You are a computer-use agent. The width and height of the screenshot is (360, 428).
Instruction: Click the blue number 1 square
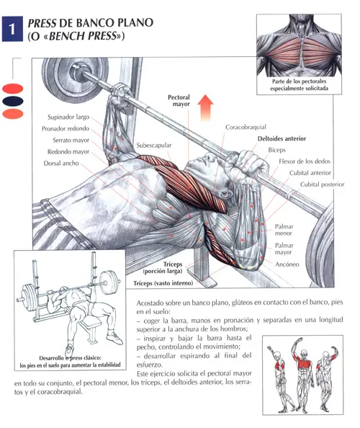click(12, 29)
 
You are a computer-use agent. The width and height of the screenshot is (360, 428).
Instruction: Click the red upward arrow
click(205, 107)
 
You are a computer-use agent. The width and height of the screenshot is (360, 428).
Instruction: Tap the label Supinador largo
click(68, 117)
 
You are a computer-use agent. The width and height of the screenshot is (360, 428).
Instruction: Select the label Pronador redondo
click(66, 128)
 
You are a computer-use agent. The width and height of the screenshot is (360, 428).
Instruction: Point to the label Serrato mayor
click(71, 140)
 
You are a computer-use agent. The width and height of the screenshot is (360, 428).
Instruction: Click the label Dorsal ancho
click(61, 164)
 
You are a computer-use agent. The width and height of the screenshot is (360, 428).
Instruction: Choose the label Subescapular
click(154, 146)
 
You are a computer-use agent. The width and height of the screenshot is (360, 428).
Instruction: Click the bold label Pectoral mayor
click(179, 100)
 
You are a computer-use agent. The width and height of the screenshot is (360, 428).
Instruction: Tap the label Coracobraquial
click(246, 127)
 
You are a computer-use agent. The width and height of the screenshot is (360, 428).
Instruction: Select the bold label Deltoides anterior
click(282, 138)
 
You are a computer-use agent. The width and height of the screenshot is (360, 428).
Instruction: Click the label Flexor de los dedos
click(305, 161)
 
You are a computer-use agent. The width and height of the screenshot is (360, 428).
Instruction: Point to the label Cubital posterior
click(322, 184)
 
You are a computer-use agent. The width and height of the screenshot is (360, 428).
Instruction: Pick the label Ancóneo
click(287, 264)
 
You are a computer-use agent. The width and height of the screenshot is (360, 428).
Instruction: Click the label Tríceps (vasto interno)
click(163, 283)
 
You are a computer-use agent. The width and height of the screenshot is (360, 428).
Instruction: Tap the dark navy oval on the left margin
click(13, 102)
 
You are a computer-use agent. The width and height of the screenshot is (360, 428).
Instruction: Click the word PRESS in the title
click(42, 23)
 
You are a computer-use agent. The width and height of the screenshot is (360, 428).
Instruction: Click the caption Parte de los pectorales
click(299, 81)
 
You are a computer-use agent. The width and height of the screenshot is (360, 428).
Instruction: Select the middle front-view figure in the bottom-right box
click(303, 374)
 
